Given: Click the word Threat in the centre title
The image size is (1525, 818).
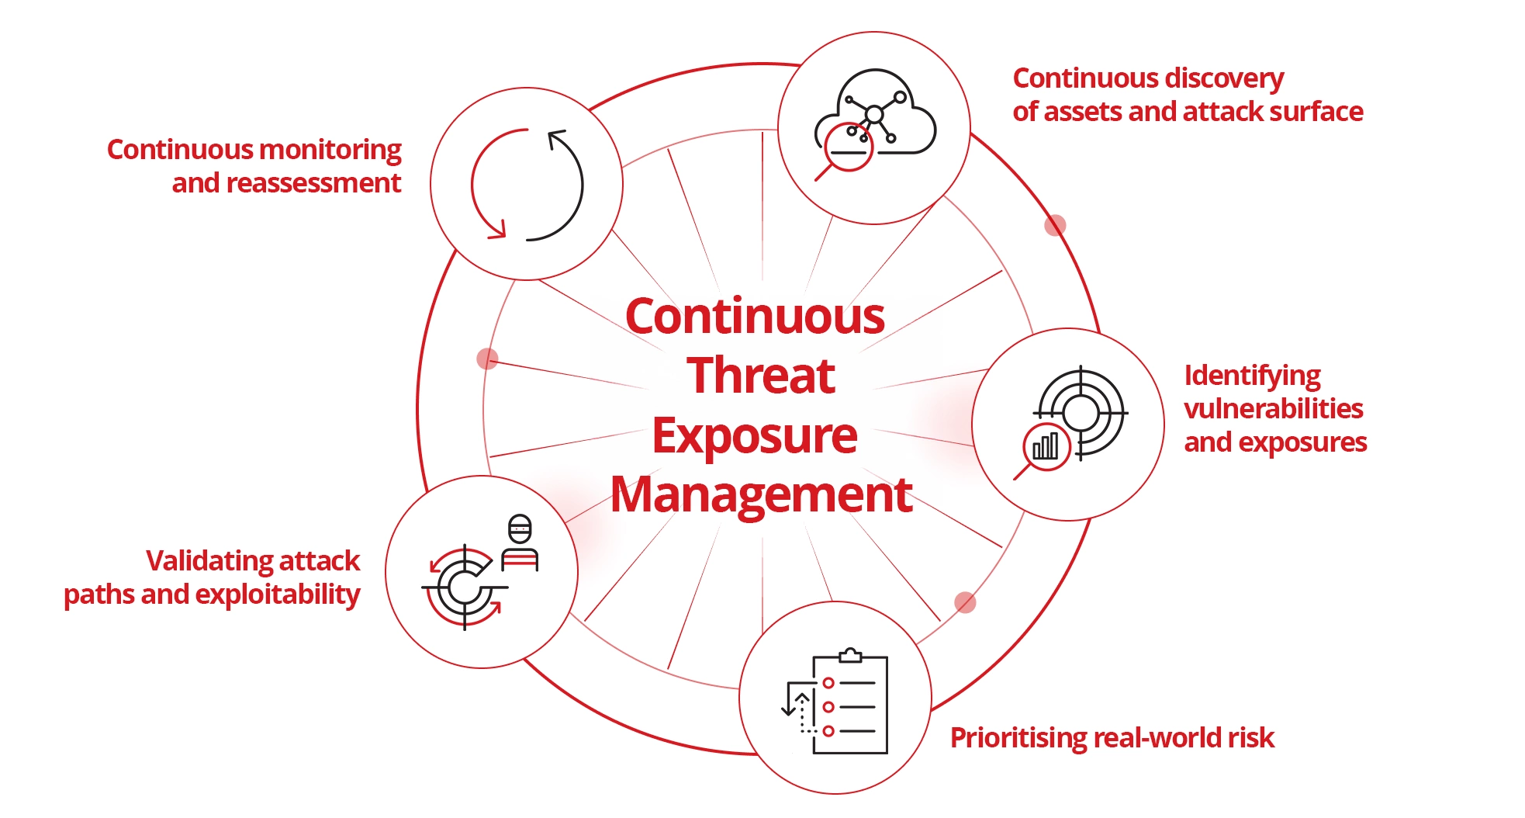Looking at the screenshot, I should click(760, 376).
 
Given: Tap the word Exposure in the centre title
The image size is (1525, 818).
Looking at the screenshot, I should click(755, 435).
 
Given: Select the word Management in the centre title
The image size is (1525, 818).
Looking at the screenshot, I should click(761, 494).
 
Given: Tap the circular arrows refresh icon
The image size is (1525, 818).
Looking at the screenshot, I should click(527, 185).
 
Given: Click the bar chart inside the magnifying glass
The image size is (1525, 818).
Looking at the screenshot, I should click(1046, 446).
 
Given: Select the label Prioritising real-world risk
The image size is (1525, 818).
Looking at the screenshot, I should click(1112, 737).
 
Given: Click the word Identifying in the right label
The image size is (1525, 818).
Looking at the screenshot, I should click(1252, 376).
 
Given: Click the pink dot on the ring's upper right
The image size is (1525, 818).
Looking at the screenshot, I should click(1055, 225).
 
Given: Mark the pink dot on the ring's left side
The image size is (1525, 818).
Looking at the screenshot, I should click(487, 359).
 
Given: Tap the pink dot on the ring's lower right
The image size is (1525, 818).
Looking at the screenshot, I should click(965, 602).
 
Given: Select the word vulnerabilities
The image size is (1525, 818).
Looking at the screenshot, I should click(1273, 409).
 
